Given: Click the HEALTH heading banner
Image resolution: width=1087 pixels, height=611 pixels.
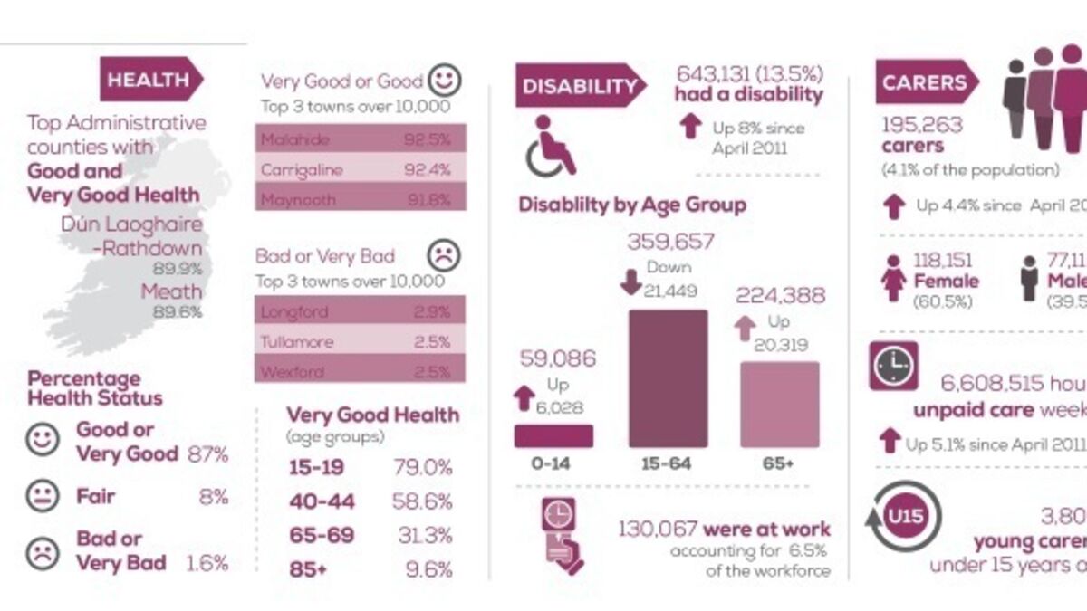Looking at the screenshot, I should pyautogui.click(x=150, y=79).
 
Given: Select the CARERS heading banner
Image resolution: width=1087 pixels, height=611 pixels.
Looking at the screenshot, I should pyautogui.click(x=925, y=82).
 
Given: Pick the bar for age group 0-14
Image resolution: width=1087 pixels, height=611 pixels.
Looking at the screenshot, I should pyautogui.click(x=553, y=435).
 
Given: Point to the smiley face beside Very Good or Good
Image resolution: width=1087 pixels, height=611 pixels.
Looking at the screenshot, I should pyautogui.click(x=444, y=80).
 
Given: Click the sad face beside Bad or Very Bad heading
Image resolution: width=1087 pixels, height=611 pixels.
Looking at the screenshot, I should pyautogui.click(x=444, y=253).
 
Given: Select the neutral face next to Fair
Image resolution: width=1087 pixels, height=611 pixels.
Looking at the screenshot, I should pyautogui.click(x=42, y=497).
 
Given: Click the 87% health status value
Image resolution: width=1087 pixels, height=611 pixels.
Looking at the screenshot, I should pyautogui.click(x=207, y=454).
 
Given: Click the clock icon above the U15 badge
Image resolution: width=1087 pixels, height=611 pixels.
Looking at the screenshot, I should pyautogui.click(x=893, y=366).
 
